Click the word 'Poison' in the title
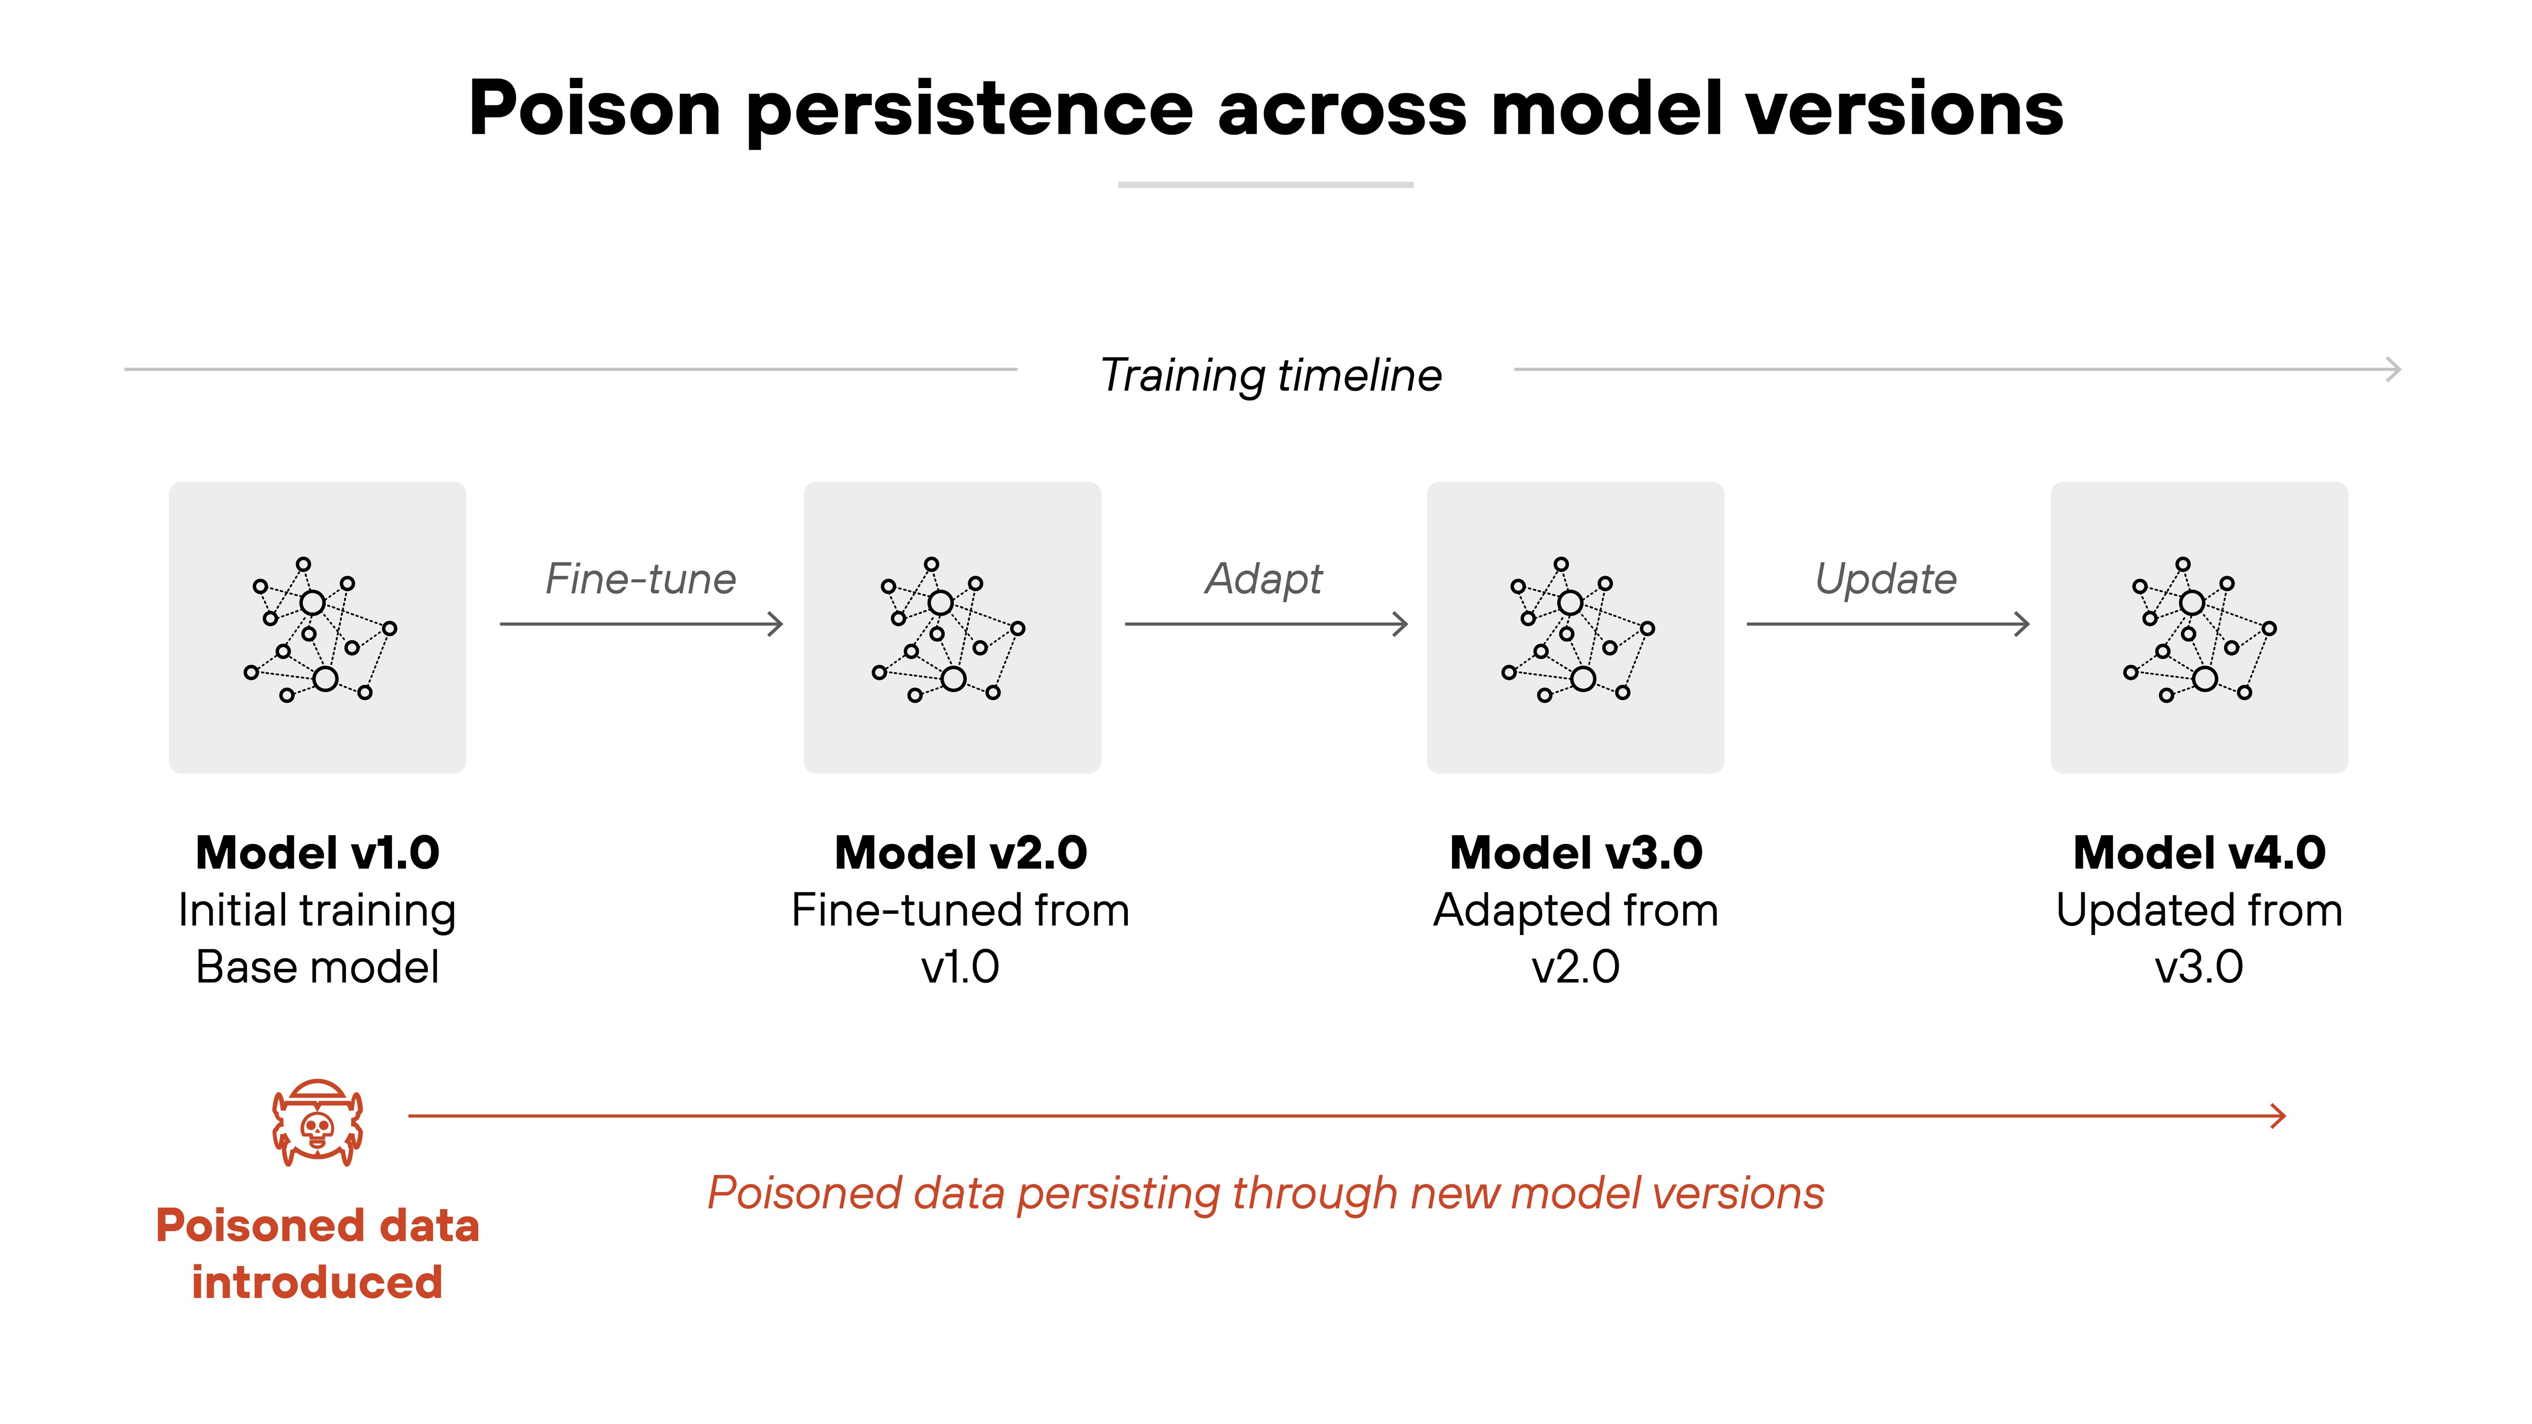pos(595,108)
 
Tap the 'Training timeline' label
pos(1270,376)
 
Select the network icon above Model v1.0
pos(319,629)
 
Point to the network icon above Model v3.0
pos(1576,629)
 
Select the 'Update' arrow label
pos(1885,579)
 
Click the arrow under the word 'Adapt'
pos(1266,624)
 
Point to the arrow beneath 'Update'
pos(1887,624)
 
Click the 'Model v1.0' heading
pos(318,852)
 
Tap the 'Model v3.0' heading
pos(1575,852)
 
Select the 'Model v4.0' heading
pos(2199,852)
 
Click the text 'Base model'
pos(318,967)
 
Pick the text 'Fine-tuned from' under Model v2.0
pos(960,910)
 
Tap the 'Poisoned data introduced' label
pos(318,1254)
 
